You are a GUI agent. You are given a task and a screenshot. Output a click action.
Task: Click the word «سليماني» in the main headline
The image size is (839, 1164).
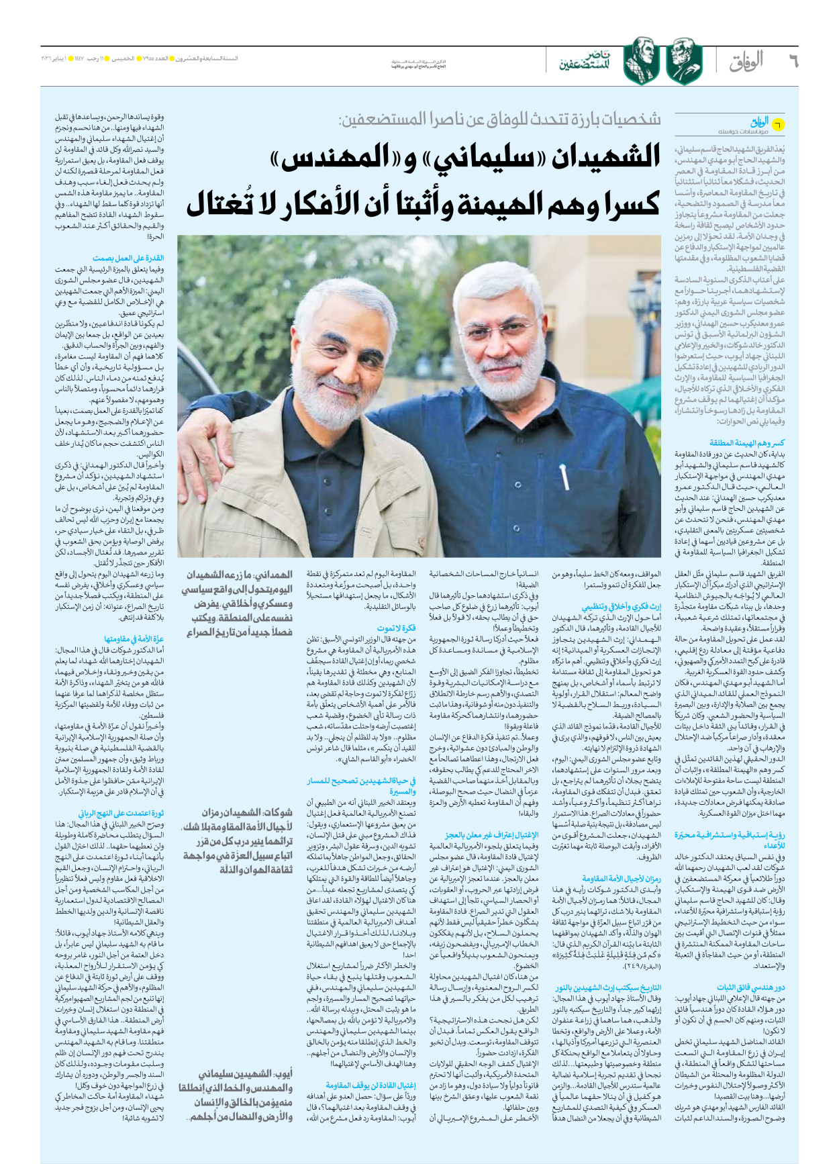click(x=479, y=158)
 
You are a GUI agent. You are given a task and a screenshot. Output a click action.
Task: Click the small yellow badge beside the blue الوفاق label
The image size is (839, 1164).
click(x=777, y=124)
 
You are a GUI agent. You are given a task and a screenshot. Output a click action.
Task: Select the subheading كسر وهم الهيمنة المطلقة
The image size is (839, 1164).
click(x=746, y=443)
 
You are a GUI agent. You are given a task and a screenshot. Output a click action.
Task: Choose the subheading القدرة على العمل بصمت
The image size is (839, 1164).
click(x=128, y=258)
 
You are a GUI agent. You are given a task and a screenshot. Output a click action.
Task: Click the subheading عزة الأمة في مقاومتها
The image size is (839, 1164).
click(x=134, y=638)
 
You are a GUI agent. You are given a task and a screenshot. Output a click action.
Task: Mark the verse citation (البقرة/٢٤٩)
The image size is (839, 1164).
click(x=641, y=965)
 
